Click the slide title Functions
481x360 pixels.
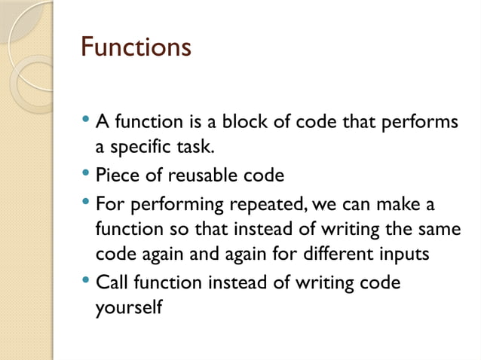(136, 47)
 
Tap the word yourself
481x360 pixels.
(128, 309)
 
